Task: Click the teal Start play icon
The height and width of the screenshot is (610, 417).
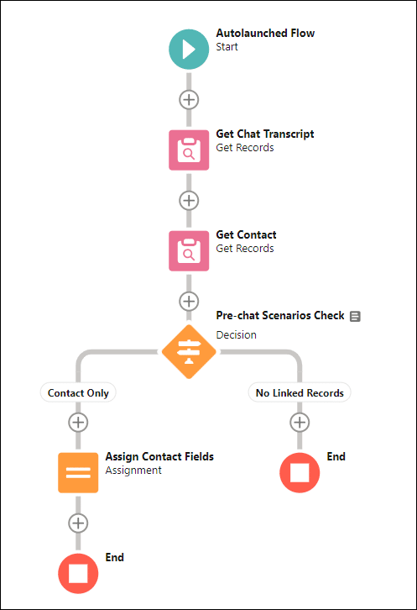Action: [x=189, y=50]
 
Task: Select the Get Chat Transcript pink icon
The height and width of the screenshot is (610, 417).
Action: [x=189, y=150]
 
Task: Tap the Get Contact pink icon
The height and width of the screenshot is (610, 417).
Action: [x=189, y=251]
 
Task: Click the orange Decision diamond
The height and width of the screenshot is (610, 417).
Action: [x=189, y=352]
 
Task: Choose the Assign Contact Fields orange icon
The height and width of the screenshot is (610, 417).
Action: [x=78, y=473]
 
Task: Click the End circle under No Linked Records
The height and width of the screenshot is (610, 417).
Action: [x=300, y=473]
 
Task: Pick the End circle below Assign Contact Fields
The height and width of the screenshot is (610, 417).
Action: [x=78, y=573]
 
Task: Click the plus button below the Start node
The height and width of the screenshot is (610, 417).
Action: [x=189, y=100]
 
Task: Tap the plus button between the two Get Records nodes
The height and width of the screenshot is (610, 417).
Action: [x=189, y=201]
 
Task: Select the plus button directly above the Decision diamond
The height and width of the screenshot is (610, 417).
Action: [x=189, y=301]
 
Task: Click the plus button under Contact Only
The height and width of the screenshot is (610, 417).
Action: [x=78, y=422]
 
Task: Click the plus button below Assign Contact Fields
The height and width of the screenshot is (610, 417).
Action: [x=78, y=523]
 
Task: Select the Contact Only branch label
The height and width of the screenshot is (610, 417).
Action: [x=78, y=393]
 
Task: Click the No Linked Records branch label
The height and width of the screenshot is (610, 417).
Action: [x=300, y=393]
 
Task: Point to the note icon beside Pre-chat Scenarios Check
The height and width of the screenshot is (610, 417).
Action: [x=355, y=316]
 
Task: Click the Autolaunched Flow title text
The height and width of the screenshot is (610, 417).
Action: [x=265, y=33]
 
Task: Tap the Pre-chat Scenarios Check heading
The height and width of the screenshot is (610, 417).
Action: [x=280, y=316]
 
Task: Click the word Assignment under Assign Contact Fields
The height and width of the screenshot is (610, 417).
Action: [x=133, y=471]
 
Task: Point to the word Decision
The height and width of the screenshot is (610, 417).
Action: [x=237, y=335]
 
